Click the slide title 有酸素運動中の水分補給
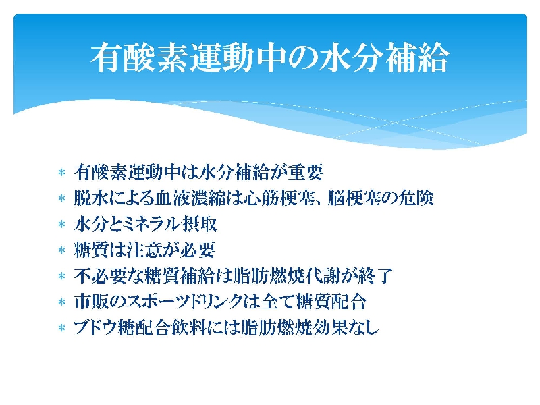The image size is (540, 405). coord(270,57)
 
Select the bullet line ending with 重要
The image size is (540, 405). coord(198,172)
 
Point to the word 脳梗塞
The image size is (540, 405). coord(353,198)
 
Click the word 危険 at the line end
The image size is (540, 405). coord(416,198)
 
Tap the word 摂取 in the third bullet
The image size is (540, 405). coord(199,224)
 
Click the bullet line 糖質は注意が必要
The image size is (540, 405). coord(144,250)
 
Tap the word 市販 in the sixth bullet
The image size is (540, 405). coord(91,302)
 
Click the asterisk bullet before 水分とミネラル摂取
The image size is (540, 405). coord(61,225)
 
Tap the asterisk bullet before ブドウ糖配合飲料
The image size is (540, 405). coord(61,328)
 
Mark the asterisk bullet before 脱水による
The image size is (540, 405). coord(61,198)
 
